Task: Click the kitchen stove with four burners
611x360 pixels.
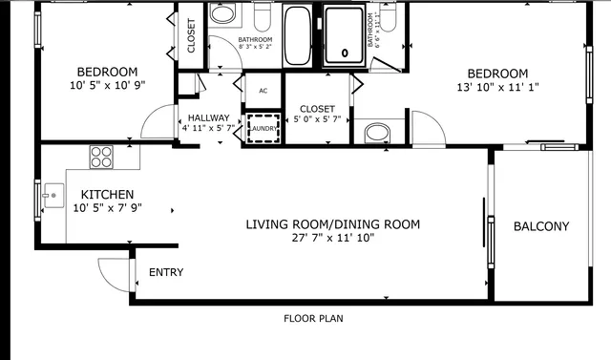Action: point(101,156)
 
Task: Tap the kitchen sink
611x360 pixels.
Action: point(53,197)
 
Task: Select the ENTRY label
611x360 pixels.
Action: point(166,273)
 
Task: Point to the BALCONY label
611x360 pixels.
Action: point(540,227)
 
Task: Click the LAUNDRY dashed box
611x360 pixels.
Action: point(263,128)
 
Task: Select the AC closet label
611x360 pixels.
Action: point(263,93)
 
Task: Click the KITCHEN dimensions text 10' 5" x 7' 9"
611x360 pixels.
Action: point(107,209)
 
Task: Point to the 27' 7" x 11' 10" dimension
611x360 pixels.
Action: point(332,239)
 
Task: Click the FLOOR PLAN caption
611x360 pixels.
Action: point(313,319)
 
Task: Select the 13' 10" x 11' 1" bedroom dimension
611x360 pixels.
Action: point(496,89)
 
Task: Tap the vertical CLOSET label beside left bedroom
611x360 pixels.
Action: point(191,35)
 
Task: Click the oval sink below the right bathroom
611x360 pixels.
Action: point(377,132)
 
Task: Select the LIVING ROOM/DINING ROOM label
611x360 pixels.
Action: point(332,225)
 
